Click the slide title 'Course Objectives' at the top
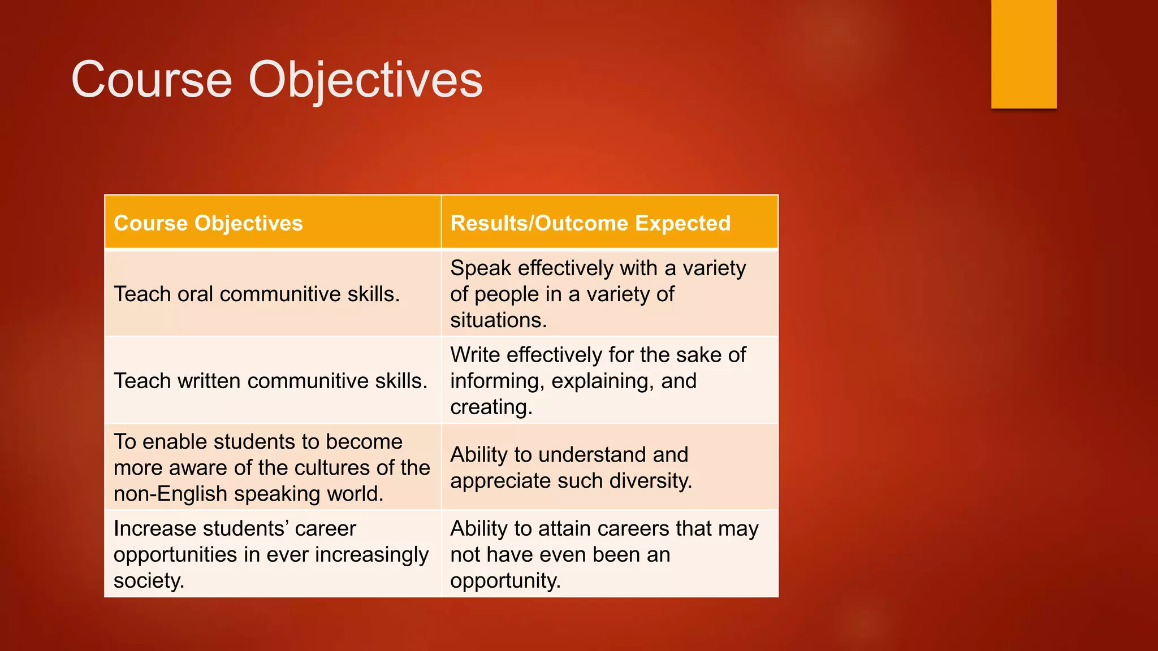coord(276,80)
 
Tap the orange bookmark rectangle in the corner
coord(1023,54)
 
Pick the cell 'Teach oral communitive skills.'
coord(257,294)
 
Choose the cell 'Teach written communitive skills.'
coord(270,381)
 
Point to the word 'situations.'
coord(498,320)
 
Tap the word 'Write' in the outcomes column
coord(475,355)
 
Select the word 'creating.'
coord(491,407)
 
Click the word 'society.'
coord(149,581)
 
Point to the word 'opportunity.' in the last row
coord(505,581)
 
